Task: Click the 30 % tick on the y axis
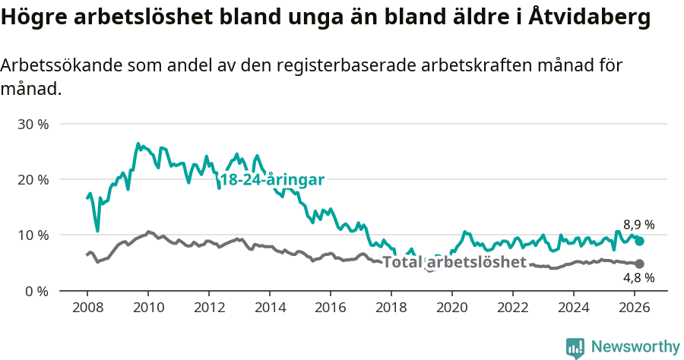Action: click(33, 124)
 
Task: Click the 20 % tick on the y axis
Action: click(33, 179)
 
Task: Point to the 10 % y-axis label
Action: click(33, 235)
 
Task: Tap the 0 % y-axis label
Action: click(36, 291)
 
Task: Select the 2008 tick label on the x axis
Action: click(87, 308)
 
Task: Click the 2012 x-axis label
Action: click(209, 308)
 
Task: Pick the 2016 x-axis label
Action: click(331, 308)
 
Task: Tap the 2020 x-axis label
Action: click(452, 308)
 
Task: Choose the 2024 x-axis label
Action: click(574, 308)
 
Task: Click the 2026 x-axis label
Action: click(635, 308)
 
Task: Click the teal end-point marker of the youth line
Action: click(640, 241)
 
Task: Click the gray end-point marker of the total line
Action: click(640, 264)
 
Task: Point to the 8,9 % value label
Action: click(639, 225)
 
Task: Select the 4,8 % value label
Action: click(639, 278)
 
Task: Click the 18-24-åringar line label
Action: click(272, 180)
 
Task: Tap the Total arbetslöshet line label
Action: click(454, 262)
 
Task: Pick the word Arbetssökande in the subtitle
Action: click(55, 65)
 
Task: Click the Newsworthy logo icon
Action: click(575, 347)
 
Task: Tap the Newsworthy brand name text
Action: click(635, 347)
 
